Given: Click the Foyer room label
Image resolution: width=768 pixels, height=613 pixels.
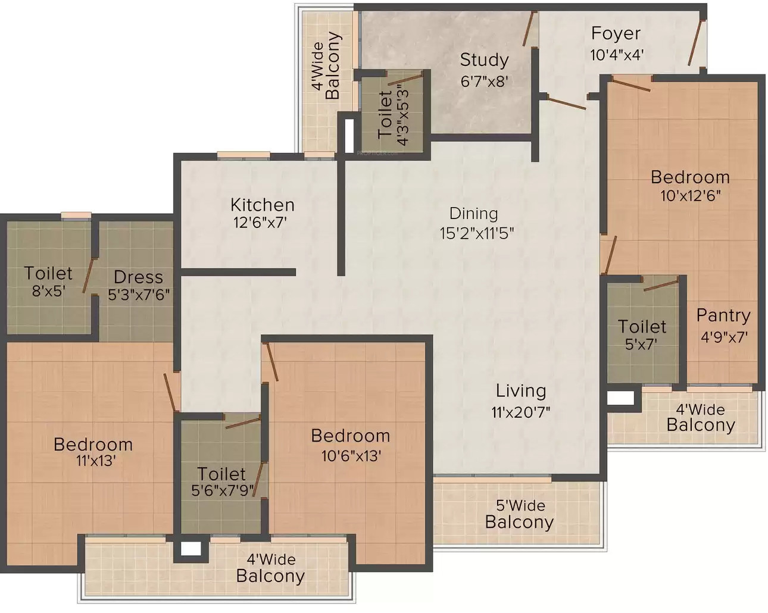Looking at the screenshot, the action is (616, 34).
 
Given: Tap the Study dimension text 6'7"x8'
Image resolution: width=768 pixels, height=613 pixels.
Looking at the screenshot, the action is (484, 82).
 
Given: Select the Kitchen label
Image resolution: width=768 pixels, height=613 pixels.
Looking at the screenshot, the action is (263, 205).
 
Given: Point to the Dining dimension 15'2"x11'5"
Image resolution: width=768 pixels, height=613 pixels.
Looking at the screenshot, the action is (477, 234).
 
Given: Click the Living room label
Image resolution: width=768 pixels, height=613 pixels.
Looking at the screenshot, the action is (521, 392).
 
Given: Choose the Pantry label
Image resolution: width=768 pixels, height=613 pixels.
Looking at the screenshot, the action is (723, 316).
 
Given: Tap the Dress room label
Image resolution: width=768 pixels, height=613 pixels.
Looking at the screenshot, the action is (139, 277).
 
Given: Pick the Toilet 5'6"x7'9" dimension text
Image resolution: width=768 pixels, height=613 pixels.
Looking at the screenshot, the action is (223, 491).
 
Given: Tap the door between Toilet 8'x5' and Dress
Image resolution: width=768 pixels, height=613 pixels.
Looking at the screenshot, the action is (88, 276).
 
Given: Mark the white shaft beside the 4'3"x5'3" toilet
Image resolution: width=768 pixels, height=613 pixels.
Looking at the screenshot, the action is (349, 135).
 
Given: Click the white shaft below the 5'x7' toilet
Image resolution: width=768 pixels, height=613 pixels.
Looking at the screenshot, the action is (620, 398).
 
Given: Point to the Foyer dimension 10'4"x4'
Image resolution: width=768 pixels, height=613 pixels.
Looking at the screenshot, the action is (616, 55).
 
